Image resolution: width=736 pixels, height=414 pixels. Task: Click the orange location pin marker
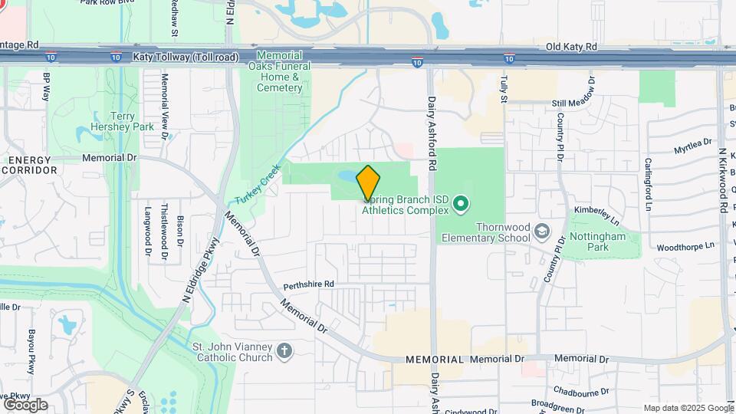[x=369, y=182]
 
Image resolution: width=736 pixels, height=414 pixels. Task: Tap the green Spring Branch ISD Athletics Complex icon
[x=461, y=204]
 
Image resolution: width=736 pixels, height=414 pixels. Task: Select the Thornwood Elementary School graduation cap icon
[x=542, y=232]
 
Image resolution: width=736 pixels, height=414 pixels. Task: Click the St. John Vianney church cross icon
[x=284, y=351]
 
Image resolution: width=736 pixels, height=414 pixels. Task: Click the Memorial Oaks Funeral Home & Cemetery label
[x=279, y=71]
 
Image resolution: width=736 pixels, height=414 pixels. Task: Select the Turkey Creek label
[x=257, y=184]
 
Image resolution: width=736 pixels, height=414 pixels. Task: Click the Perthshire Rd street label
[x=309, y=284]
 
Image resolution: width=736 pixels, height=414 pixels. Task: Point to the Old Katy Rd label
[x=571, y=47]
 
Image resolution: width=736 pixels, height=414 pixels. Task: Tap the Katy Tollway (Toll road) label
[x=186, y=57]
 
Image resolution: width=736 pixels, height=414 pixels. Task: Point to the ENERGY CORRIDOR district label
[x=29, y=164]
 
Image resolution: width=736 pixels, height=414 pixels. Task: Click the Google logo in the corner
[x=25, y=404]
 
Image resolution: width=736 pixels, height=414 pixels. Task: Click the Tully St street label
[x=504, y=90]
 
